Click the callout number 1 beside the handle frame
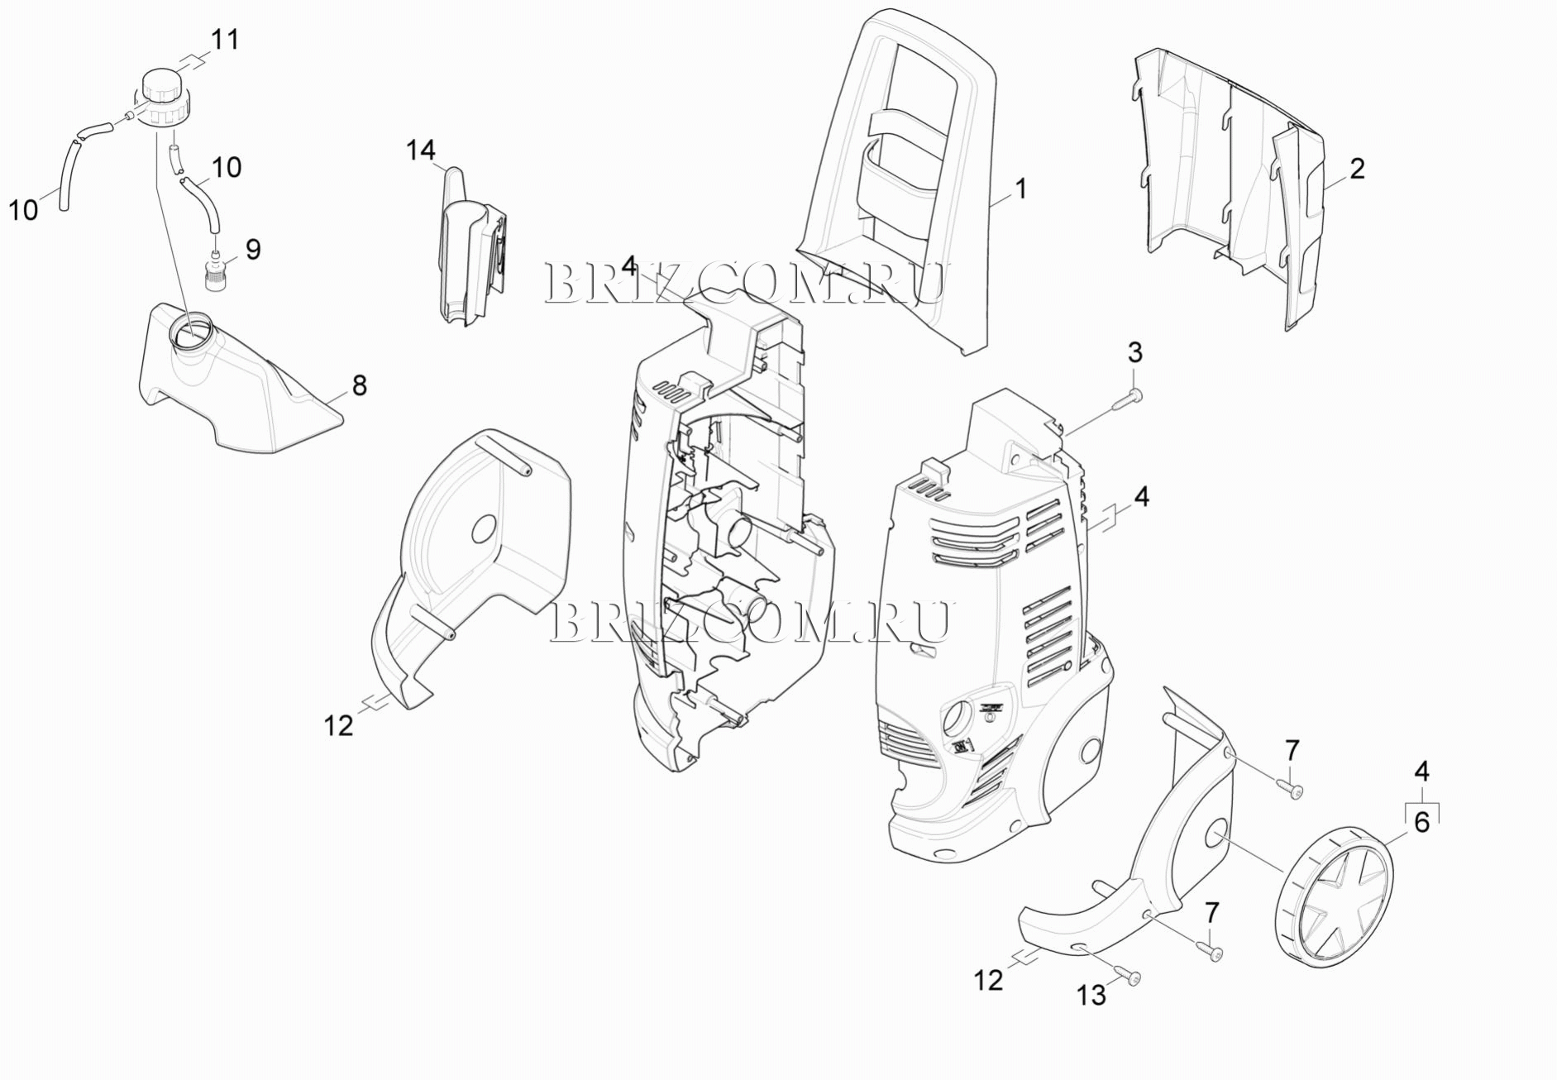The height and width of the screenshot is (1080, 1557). pyautogui.click(x=1020, y=189)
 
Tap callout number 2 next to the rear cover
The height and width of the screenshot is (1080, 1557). pyautogui.click(x=1357, y=169)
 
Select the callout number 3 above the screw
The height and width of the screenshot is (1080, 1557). pyautogui.click(x=1135, y=352)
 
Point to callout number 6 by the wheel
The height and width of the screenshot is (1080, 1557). pyautogui.click(x=1421, y=823)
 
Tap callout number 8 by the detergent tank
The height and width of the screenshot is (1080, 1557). pyautogui.click(x=359, y=385)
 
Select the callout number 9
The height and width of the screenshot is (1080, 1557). pyautogui.click(x=252, y=249)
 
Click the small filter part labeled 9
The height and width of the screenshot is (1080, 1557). pyautogui.click(x=215, y=270)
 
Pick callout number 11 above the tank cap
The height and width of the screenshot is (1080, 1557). pyautogui.click(x=224, y=39)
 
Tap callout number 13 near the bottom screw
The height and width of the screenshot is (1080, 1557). pyautogui.click(x=1091, y=996)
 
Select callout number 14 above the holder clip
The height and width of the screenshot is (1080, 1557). pyautogui.click(x=420, y=151)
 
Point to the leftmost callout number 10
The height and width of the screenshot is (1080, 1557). pyautogui.click(x=23, y=210)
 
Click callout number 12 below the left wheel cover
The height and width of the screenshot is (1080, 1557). pyautogui.click(x=338, y=725)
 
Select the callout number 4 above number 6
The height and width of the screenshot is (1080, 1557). pyautogui.click(x=1421, y=772)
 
